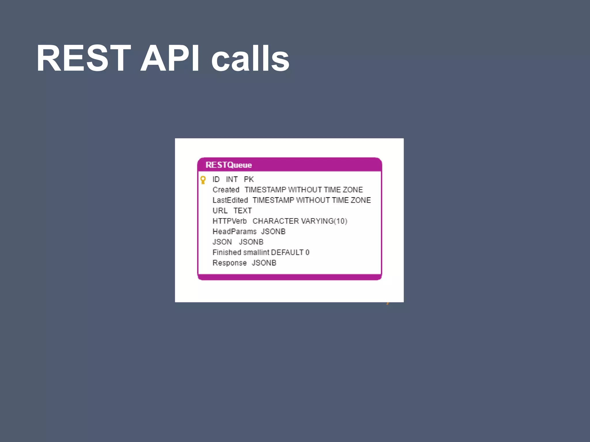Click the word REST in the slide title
click(83, 58)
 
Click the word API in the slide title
click(169, 58)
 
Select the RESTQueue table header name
click(228, 165)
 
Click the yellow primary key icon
click(203, 180)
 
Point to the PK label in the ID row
click(249, 179)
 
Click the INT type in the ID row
click(232, 179)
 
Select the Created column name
click(226, 190)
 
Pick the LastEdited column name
click(230, 200)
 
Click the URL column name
click(220, 211)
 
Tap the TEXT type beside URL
click(243, 211)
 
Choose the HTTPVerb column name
click(229, 221)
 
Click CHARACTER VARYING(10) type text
click(300, 221)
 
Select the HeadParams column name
click(234, 232)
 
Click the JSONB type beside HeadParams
click(273, 232)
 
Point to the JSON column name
click(222, 242)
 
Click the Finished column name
click(227, 252)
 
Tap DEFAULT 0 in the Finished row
click(290, 252)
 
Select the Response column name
click(229, 263)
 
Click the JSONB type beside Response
click(264, 263)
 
